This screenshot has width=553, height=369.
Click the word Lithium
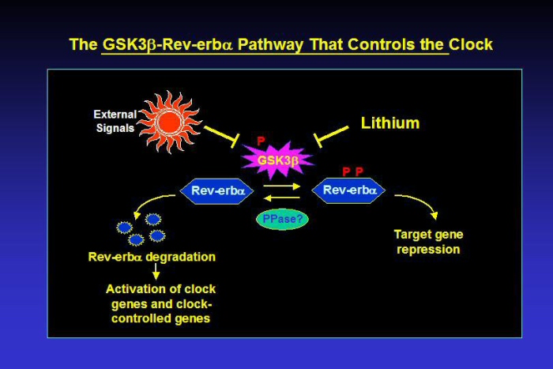click(x=390, y=123)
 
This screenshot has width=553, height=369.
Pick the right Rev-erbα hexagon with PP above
click(x=348, y=190)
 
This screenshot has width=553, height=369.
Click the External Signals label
click(x=115, y=121)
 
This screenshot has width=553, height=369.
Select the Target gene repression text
click(x=427, y=242)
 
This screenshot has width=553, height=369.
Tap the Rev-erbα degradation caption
click(x=152, y=257)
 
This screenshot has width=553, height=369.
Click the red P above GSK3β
click(x=261, y=141)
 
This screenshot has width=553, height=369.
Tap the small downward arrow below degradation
click(x=156, y=271)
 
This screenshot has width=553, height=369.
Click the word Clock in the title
click(x=471, y=44)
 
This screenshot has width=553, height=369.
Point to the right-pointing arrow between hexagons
click(x=281, y=187)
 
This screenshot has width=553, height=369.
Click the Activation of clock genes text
click(x=161, y=303)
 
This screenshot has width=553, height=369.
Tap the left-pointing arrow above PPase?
click(x=281, y=198)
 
